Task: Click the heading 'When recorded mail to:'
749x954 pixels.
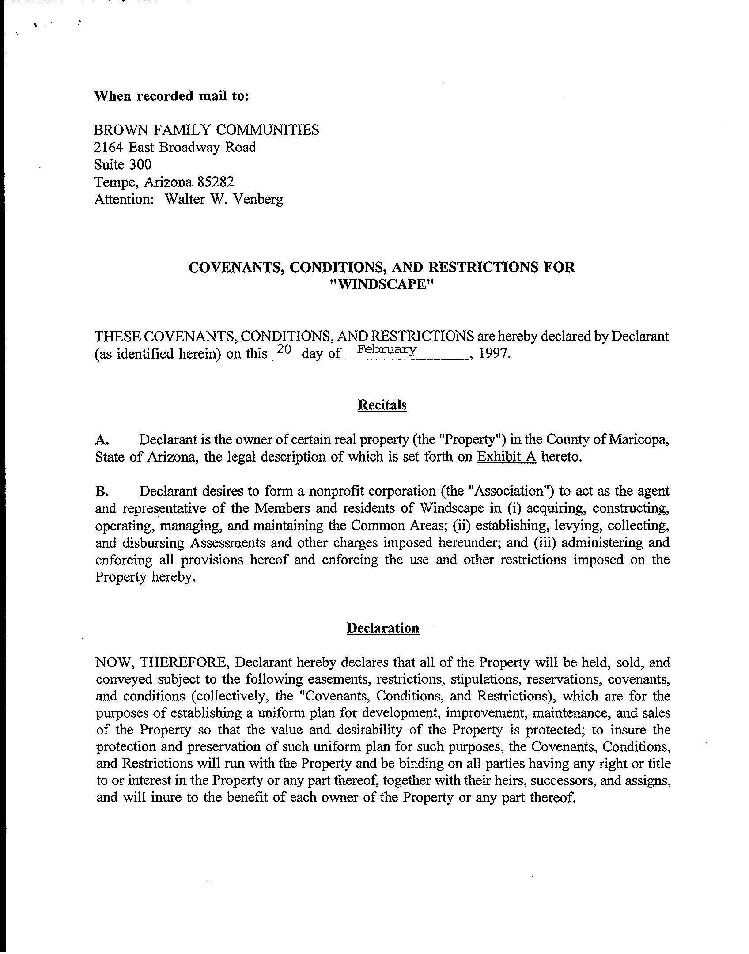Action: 172,96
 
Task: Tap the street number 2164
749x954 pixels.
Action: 109,147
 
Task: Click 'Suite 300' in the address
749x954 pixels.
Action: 123,165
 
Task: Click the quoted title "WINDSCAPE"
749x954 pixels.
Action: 382,284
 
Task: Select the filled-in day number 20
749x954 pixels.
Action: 284,350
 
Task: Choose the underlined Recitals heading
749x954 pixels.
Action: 382,405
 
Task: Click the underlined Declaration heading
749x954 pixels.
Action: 383,628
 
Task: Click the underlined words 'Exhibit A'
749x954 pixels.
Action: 507,457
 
